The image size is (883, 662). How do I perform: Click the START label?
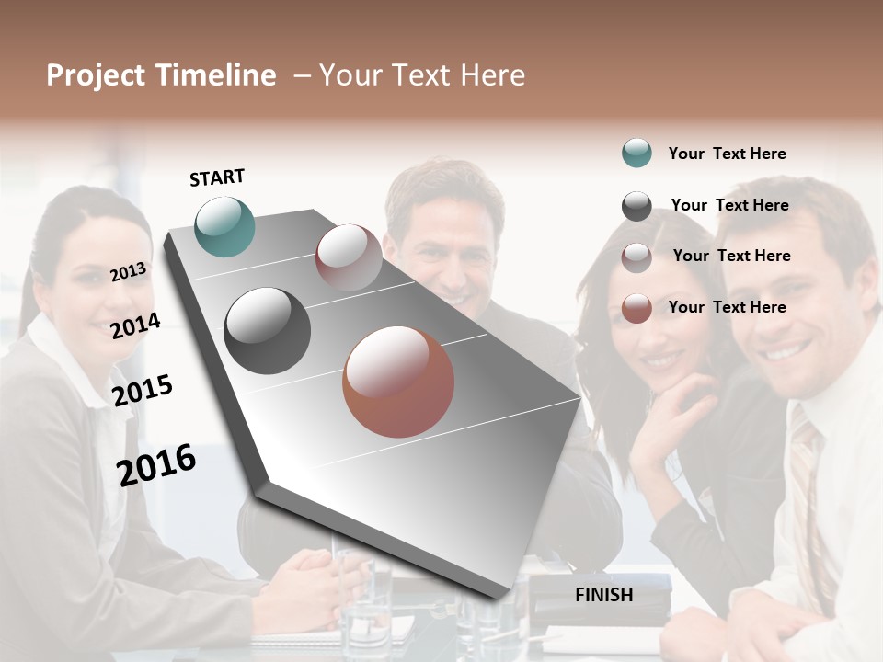click(217, 177)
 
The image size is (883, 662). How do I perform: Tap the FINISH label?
click(603, 595)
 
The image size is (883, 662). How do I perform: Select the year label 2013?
click(128, 271)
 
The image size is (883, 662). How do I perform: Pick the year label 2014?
click(135, 325)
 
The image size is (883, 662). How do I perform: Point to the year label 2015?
click(143, 390)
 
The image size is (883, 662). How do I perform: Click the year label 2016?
click(156, 464)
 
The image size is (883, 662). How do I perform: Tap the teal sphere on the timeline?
click(225, 226)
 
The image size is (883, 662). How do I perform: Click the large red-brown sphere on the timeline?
click(398, 382)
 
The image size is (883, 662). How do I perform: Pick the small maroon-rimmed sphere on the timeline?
click(349, 257)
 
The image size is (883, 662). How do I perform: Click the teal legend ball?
click(636, 153)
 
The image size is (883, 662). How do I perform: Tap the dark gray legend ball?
click(636, 206)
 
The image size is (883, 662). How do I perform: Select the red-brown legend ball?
click(636, 308)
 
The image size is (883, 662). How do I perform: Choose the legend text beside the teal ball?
click(727, 154)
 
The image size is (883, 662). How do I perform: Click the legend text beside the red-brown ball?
click(727, 307)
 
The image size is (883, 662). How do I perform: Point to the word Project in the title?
click(96, 75)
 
